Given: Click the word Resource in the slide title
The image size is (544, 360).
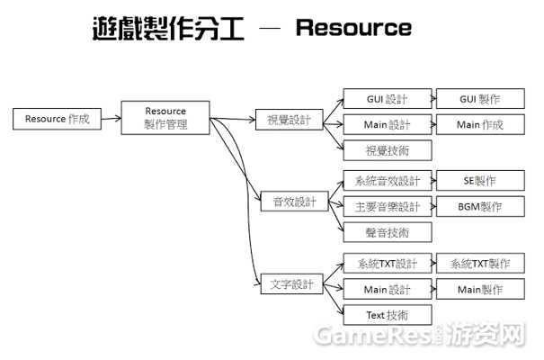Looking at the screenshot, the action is [x=353, y=27].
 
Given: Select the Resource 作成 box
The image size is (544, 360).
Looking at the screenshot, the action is [x=57, y=119].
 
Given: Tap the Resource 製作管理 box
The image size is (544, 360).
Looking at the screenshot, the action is [x=165, y=118].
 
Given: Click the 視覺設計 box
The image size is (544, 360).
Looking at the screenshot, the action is [x=289, y=120].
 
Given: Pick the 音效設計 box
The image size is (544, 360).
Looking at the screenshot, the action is [x=294, y=201].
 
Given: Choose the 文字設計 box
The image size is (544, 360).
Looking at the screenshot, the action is [x=291, y=284].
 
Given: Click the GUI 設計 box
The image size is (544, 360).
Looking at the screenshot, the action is [x=388, y=99].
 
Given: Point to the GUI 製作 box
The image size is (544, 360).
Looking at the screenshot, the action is [x=480, y=99].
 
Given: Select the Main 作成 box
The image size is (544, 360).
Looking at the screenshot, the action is [x=480, y=124].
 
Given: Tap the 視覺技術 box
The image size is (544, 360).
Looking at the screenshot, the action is [x=388, y=150].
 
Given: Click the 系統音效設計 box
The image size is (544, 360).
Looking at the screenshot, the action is [x=388, y=181].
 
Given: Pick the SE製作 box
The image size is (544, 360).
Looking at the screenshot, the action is [x=480, y=181].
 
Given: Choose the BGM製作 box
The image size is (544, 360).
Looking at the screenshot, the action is [x=480, y=207].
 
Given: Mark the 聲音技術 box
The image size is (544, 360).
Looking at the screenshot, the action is [x=388, y=232].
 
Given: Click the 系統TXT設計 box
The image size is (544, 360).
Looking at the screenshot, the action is [x=388, y=263].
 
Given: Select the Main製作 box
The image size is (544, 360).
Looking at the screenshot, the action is [x=480, y=289].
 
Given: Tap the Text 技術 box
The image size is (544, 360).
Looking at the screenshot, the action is [x=388, y=315].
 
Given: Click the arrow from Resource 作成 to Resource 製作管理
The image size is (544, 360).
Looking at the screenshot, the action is [x=111, y=119].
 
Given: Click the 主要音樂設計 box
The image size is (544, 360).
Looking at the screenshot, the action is [x=388, y=207].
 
